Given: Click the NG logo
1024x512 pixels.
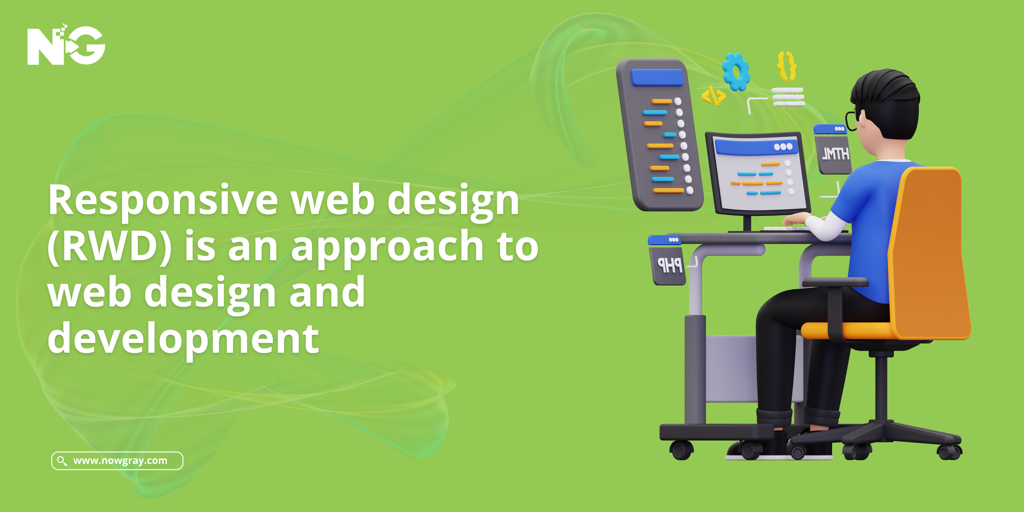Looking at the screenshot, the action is click(66, 45).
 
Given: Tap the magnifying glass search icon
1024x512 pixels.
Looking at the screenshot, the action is click(62, 461).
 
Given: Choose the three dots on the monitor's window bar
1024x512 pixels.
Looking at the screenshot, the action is click(783, 147).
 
